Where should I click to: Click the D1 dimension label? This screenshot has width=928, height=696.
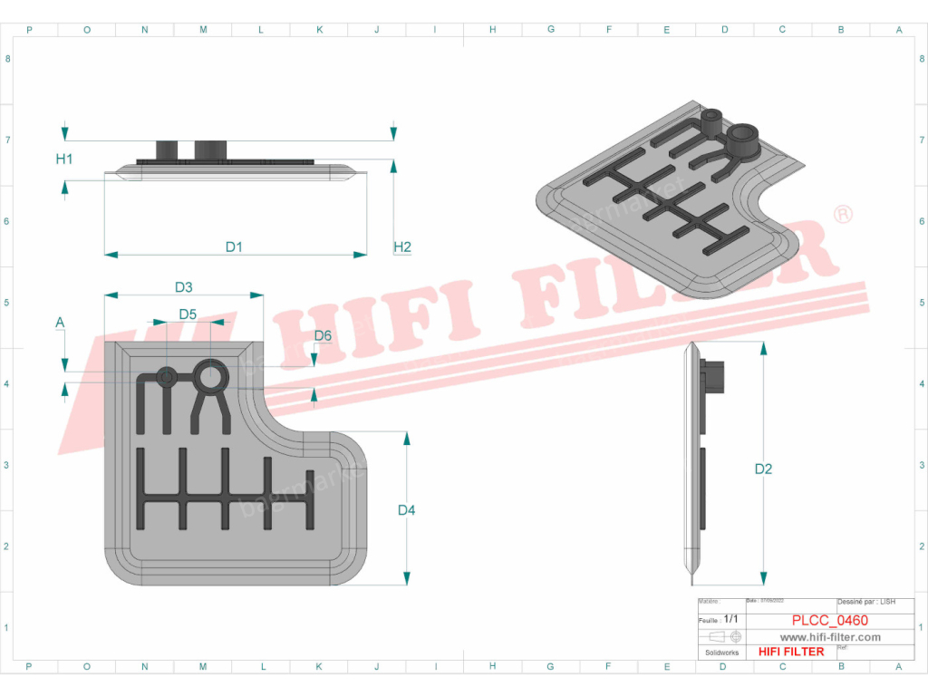(234, 246)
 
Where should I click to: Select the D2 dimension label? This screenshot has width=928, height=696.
(763, 469)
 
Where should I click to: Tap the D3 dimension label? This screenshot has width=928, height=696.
(183, 287)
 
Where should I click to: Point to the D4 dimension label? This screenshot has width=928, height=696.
(406, 510)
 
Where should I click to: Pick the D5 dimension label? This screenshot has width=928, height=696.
(188, 314)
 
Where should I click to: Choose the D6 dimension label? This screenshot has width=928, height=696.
(323, 336)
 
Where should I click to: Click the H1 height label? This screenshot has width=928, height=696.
(63, 159)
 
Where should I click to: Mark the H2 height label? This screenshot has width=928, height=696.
(402, 246)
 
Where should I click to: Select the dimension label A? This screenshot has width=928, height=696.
(60, 322)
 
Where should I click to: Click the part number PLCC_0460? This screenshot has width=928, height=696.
(829, 621)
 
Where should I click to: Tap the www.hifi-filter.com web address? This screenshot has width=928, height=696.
(830, 637)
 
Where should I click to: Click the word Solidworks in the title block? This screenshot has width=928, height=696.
(721, 652)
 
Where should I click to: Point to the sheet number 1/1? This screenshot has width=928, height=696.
(730, 620)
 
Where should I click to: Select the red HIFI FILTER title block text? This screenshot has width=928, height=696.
(790, 652)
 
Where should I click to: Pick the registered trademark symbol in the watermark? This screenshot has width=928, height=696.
(842, 215)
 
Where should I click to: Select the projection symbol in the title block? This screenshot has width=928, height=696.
(722, 636)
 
